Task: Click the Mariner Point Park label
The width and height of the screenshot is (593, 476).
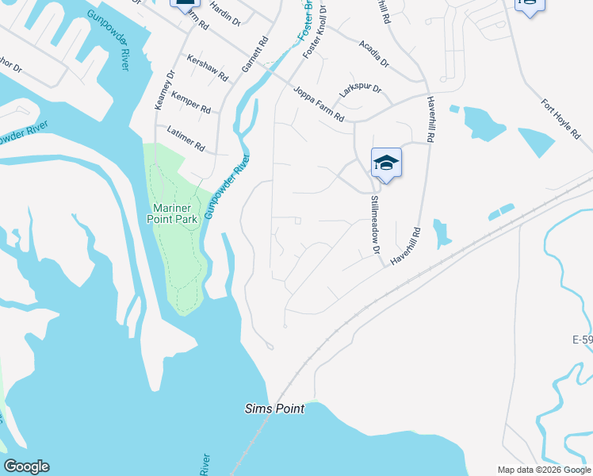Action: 175,214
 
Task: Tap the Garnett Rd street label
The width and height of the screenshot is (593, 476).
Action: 255,54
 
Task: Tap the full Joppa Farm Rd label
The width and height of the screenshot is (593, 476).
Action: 317,103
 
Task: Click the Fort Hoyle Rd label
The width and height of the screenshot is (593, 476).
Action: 561,119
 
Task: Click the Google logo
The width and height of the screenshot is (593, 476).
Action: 26,466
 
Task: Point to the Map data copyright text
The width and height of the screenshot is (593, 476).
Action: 544,470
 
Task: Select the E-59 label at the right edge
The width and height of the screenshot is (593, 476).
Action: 582,340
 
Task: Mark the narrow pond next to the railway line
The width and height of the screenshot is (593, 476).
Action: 501,212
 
